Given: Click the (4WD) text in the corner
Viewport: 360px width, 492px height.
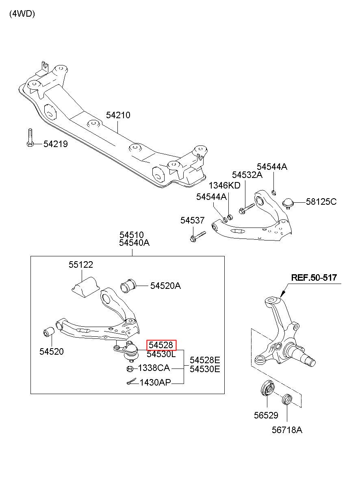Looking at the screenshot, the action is point(22,14).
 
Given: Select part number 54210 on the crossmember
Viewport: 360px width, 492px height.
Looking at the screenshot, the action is point(118,115).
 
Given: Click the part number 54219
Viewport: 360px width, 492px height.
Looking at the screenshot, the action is point(56,144).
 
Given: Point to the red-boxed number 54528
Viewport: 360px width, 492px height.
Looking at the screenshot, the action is point(161,345).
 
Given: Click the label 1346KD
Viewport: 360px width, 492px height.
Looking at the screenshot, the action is point(224,185).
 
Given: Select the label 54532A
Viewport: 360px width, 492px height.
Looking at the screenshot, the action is point(247,175).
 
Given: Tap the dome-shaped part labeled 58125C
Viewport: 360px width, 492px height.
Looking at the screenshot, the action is point(288,203).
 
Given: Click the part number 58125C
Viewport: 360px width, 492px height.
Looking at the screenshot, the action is point(321,202).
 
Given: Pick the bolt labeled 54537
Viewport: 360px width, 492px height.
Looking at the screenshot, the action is point(198,236).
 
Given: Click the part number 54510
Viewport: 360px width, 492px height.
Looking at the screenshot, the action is point(132,235).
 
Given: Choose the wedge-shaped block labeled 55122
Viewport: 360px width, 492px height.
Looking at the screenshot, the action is point(86,288).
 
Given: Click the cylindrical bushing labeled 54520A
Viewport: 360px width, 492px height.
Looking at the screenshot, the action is point(128,286).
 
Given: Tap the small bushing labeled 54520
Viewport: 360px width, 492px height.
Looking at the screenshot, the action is point(48,332).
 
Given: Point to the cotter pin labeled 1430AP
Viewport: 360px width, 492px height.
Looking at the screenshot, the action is point(131,381).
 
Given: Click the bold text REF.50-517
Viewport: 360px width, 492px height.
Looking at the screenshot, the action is point(314,277).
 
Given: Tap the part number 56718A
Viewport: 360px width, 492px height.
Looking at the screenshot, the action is point(287,430).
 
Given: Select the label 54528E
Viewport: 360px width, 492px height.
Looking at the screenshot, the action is point(205,360).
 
